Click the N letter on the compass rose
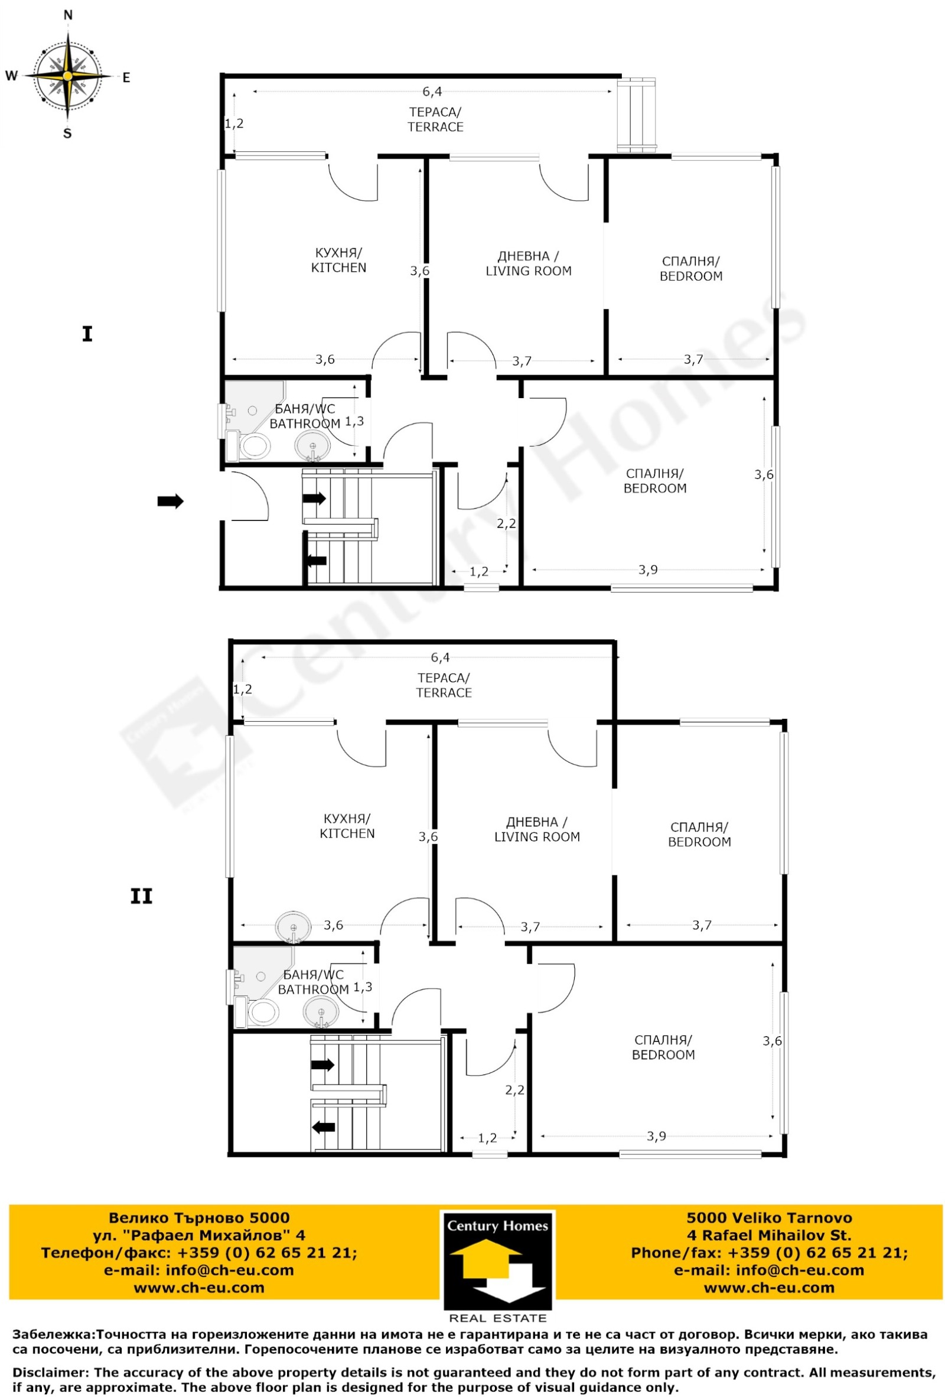click(x=68, y=15)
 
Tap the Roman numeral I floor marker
click(x=87, y=334)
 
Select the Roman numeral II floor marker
click(x=141, y=897)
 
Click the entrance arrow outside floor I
click(x=170, y=501)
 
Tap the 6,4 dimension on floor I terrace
click(x=432, y=92)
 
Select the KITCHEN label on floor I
click(x=338, y=268)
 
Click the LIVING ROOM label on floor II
click(x=537, y=837)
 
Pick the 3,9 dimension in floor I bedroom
click(x=648, y=569)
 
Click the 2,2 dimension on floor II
click(x=514, y=1090)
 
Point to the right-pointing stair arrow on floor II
click(x=323, y=1064)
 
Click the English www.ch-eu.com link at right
click(x=769, y=1288)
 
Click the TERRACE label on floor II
click(x=444, y=692)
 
